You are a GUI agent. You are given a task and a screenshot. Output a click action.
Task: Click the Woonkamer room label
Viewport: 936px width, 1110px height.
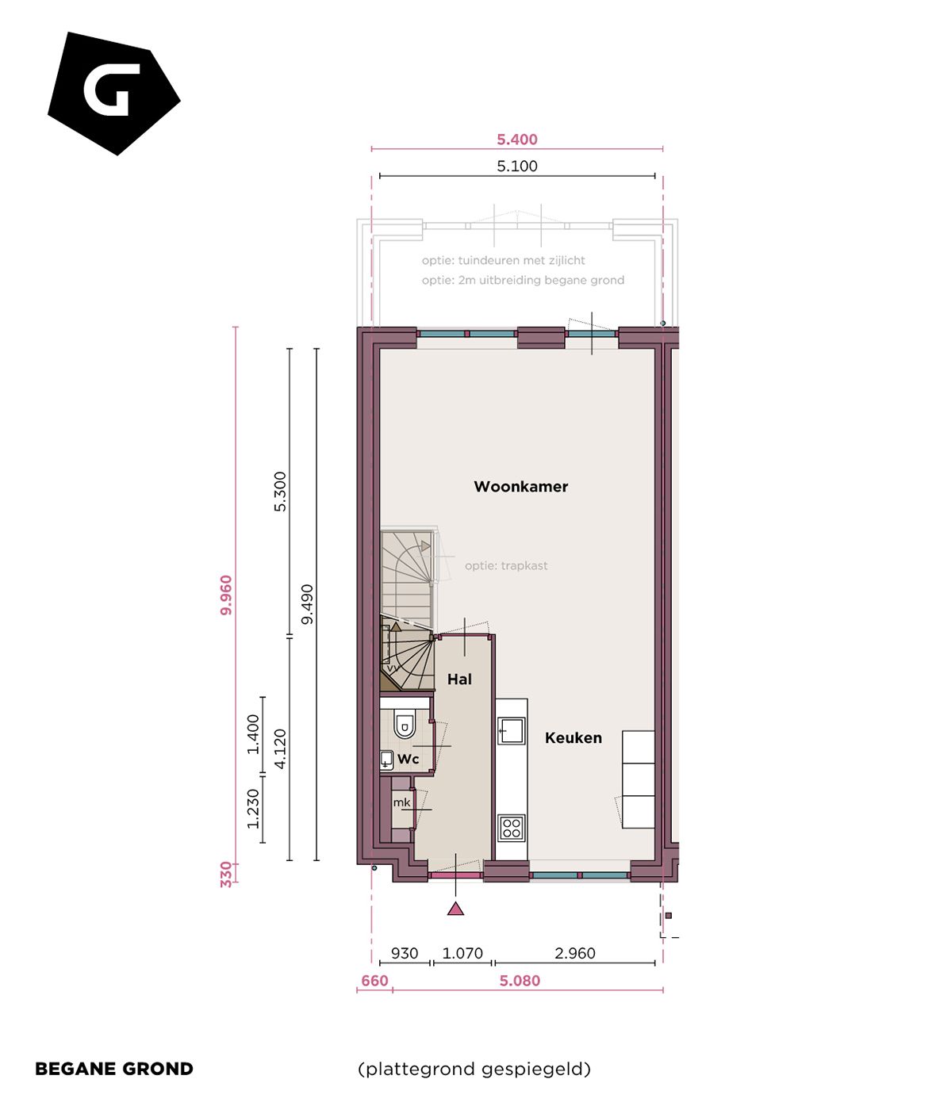(x=520, y=487)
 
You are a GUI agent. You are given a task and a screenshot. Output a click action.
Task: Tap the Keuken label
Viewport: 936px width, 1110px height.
(x=573, y=738)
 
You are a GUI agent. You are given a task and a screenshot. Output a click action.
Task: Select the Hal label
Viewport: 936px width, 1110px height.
(x=459, y=679)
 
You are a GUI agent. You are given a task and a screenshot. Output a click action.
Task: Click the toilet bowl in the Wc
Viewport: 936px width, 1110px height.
(x=405, y=725)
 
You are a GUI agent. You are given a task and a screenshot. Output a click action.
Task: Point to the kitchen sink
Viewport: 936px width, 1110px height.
(x=512, y=730)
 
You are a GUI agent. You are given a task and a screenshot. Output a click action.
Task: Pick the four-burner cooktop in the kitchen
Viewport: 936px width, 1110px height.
(x=512, y=829)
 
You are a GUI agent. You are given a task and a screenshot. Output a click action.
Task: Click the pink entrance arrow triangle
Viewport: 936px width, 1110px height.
(x=455, y=909)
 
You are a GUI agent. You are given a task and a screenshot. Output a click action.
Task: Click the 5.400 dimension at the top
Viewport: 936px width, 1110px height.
(x=517, y=140)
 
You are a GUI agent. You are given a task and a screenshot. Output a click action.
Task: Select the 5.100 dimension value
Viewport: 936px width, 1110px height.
(x=517, y=166)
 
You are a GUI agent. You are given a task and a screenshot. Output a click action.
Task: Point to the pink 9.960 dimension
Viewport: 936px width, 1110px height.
(x=226, y=595)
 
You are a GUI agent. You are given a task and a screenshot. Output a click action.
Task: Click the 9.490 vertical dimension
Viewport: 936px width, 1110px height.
(x=307, y=604)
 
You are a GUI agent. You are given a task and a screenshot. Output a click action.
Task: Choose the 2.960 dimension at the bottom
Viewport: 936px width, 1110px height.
(x=574, y=954)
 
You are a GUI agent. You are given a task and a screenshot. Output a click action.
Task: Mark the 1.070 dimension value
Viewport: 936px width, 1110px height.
(x=462, y=954)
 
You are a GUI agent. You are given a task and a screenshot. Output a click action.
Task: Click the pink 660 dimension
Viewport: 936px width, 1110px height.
(x=374, y=982)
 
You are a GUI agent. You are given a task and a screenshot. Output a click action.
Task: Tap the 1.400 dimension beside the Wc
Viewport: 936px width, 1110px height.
(x=253, y=734)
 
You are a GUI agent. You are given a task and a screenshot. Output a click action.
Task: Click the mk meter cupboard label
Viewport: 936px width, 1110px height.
(x=402, y=802)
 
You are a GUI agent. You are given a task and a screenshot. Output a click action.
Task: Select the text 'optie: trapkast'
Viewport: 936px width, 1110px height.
(x=506, y=566)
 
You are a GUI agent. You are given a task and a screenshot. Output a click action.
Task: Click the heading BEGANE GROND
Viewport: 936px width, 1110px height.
(x=114, y=1069)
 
